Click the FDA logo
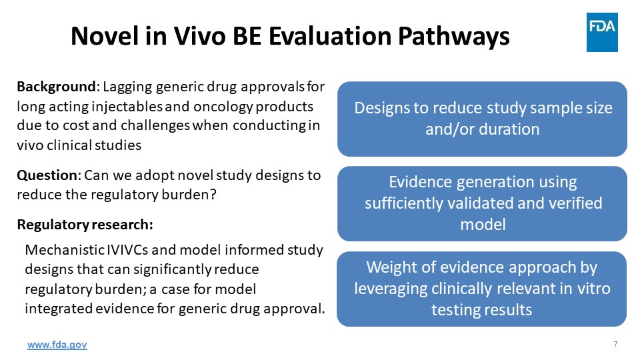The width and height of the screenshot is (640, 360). [x=602, y=32]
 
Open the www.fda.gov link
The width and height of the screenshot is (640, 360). [x=57, y=345]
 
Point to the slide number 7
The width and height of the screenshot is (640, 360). [x=615, y=345]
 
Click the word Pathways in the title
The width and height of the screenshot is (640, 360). [x=453, y=37]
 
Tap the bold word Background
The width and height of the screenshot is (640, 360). [x=56, y=87]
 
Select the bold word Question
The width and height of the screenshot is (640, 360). [x=47, y=175]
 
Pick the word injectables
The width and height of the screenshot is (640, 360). [x=128, y=107]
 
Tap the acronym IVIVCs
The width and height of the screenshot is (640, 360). [x=127, y=250]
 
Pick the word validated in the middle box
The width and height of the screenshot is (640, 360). [x=480, y=203]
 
